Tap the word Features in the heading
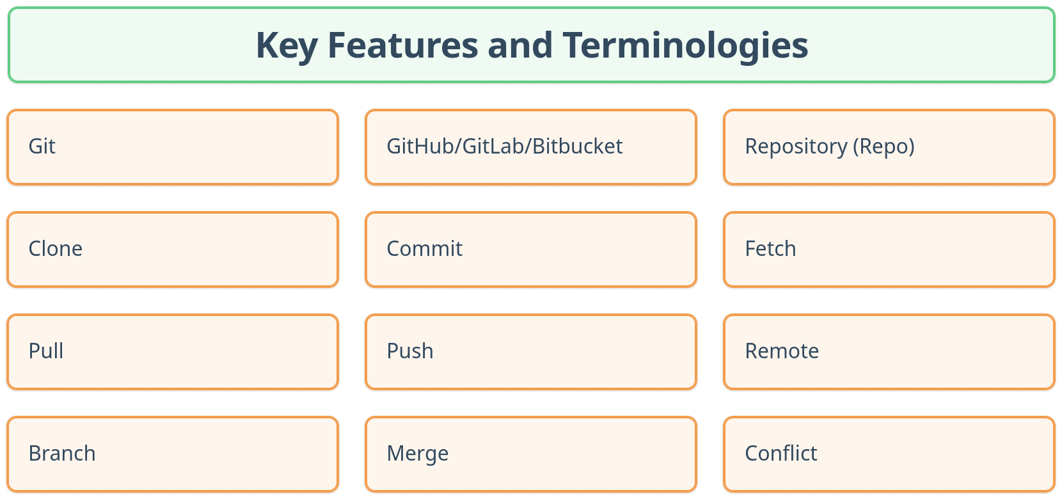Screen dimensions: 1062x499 [402, 45]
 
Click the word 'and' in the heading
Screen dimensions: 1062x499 [520, 45]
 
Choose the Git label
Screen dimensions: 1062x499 [42, 147]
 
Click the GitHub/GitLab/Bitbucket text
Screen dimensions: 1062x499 [504, 147]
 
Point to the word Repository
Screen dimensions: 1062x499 [796, 147]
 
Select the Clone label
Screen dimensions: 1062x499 [56, 249]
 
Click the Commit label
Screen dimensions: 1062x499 [424, 249]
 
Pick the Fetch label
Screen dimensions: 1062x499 [770, 249]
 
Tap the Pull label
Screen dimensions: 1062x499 [46, 351]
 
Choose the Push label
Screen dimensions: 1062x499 [410, 351]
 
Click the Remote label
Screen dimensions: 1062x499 [782, 351]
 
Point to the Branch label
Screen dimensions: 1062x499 [62, 454]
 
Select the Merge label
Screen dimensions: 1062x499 [418, 454]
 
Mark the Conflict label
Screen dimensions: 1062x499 [781, 454]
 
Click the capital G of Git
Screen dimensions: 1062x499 [36, 147]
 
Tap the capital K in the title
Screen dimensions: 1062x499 [266, 45]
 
